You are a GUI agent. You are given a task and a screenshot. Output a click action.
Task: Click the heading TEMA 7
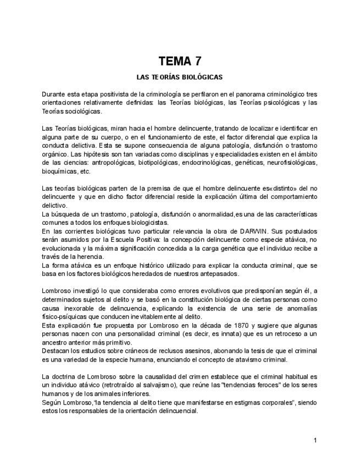point(180,61)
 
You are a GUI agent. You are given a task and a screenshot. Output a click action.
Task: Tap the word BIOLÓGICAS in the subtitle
point(203,77)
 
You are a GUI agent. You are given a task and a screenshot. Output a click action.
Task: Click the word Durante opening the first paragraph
point(53,95)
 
